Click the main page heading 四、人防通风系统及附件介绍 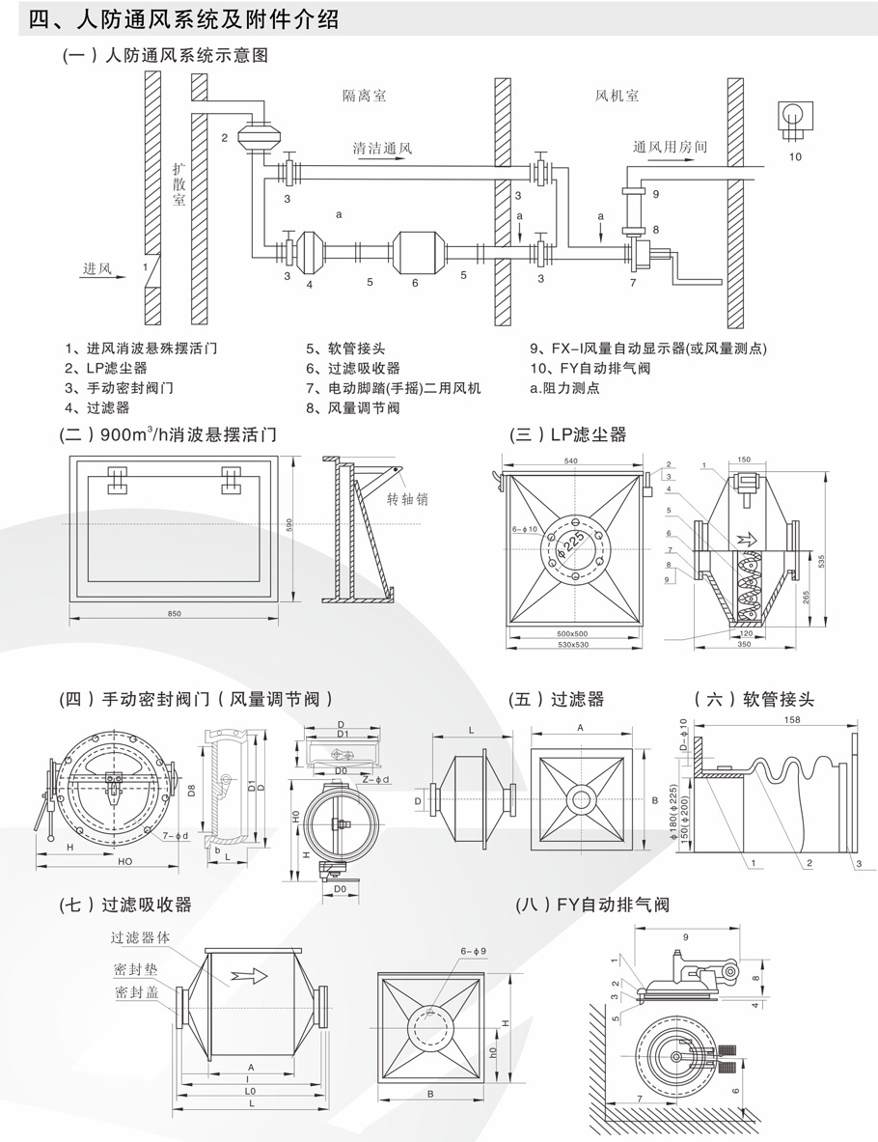[184, 19]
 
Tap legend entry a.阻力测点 [564, 388]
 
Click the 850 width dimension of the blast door [174, 615]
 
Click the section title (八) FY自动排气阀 [592, 905]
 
